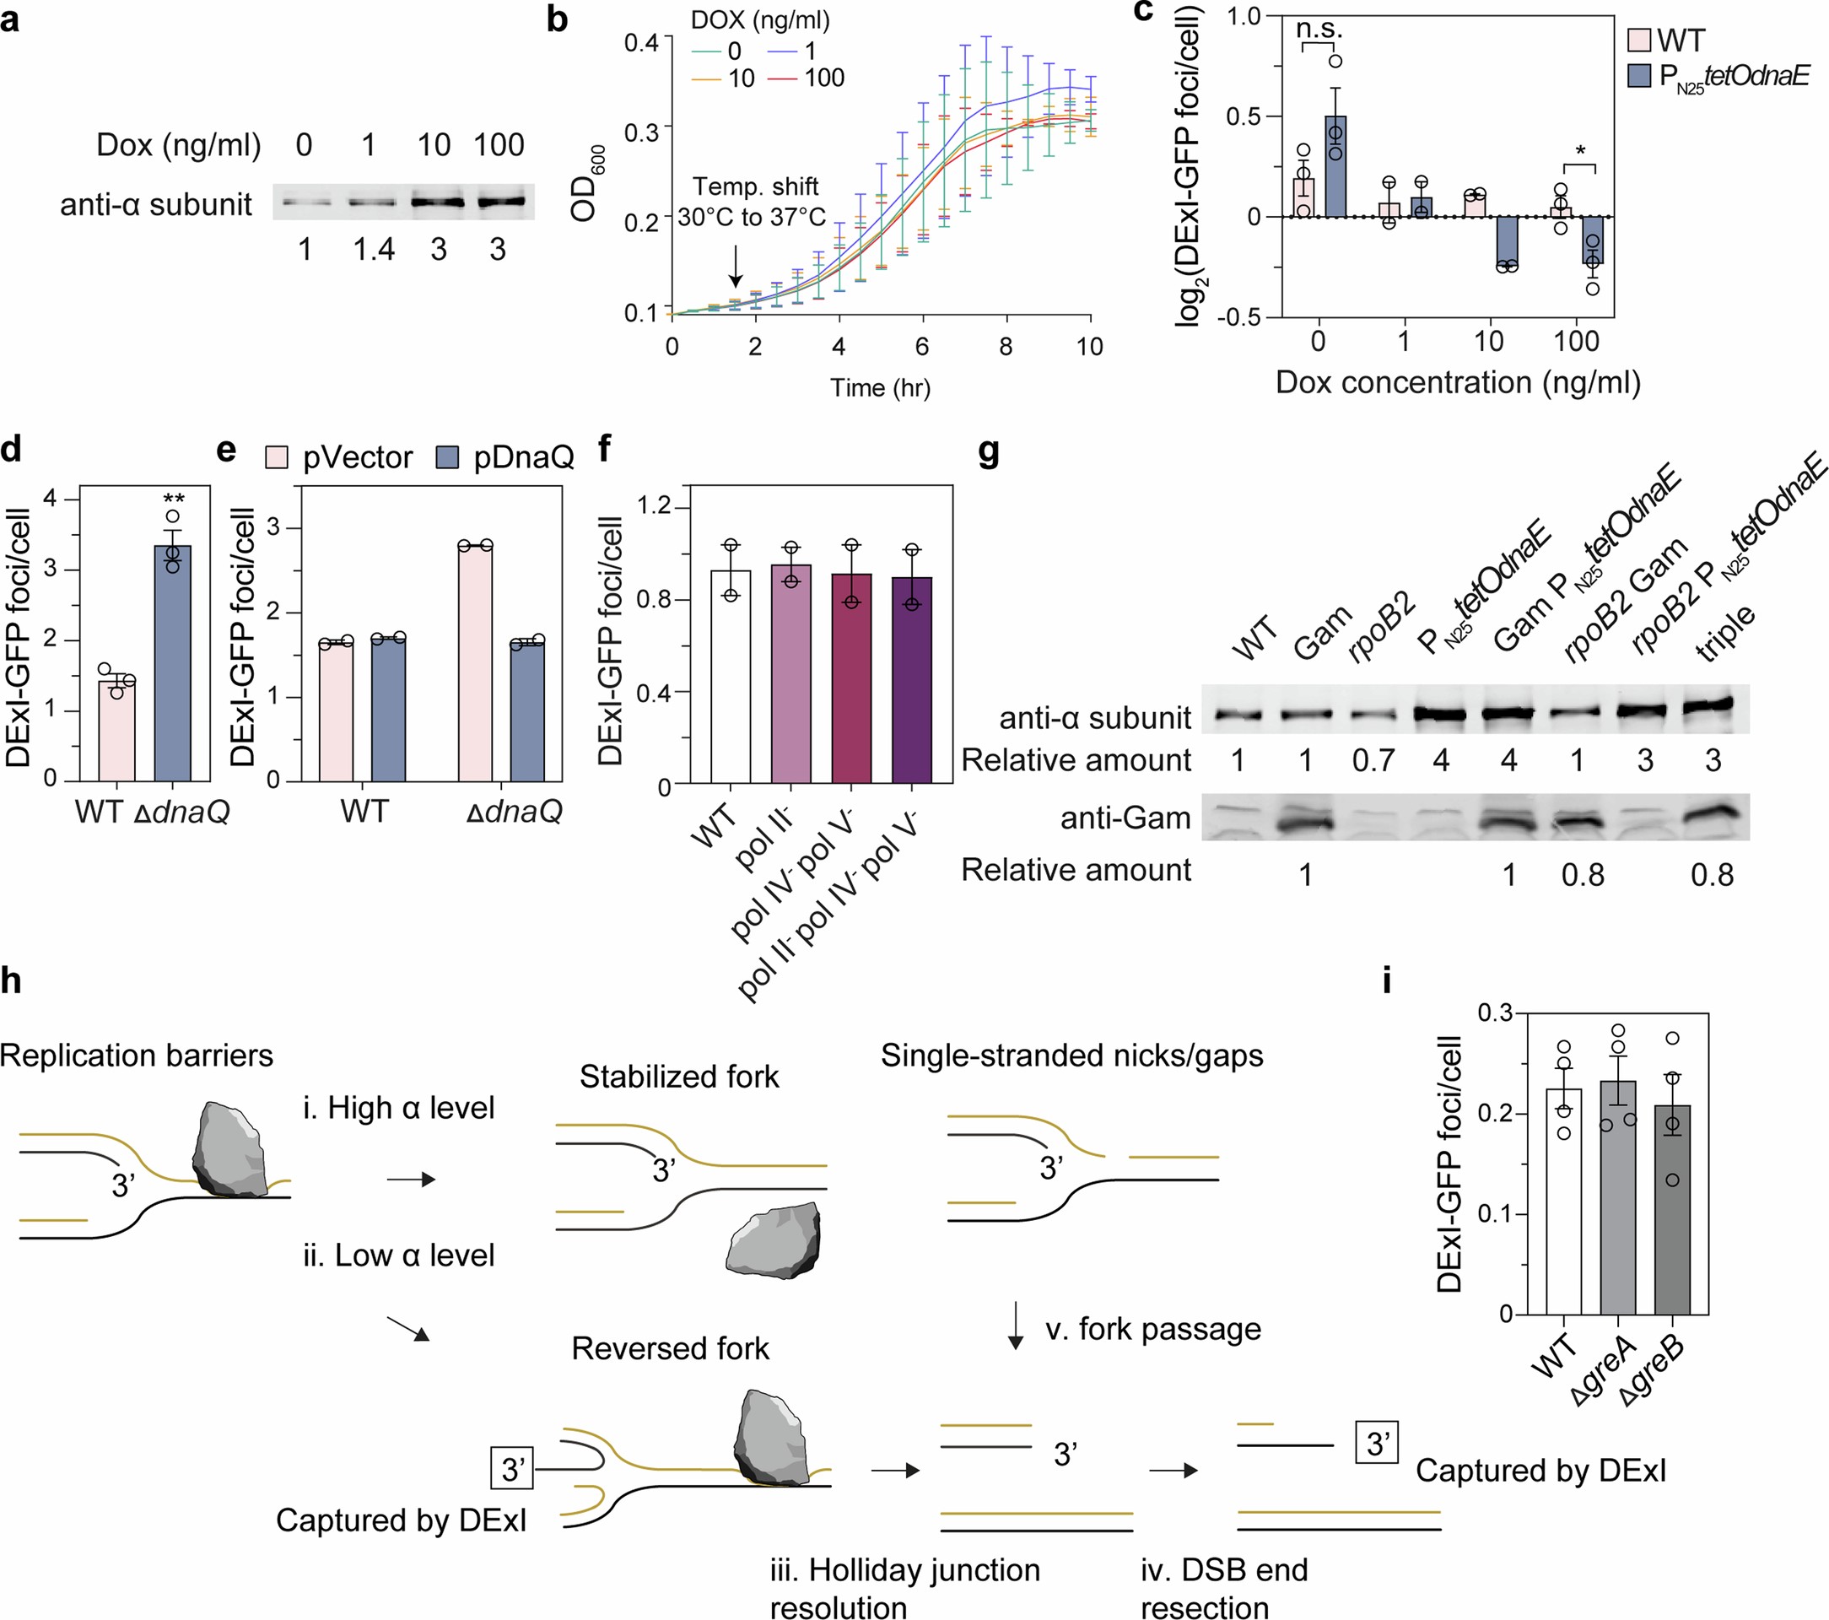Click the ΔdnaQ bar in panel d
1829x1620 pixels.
[x=173, y=662]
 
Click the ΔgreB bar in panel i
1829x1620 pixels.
[x=1672, y=1209]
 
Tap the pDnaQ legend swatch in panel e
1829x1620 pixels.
[x=447, y=458]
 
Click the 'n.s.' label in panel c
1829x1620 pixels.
[x=1319, y=29]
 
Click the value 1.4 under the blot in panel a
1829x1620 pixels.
[x=373, y=250]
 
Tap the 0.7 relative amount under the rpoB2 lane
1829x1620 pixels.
[x=1373, y=761]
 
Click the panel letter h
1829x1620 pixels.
[x=12, y=981]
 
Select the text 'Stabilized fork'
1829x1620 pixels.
[x=678, y=1076]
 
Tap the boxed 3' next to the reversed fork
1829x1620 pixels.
[x=513, y=1469]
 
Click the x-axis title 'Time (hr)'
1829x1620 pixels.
[x=880, y=387]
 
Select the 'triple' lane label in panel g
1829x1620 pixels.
[x=1725, y=634]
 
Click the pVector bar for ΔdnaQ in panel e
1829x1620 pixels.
[x=475, y=662]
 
